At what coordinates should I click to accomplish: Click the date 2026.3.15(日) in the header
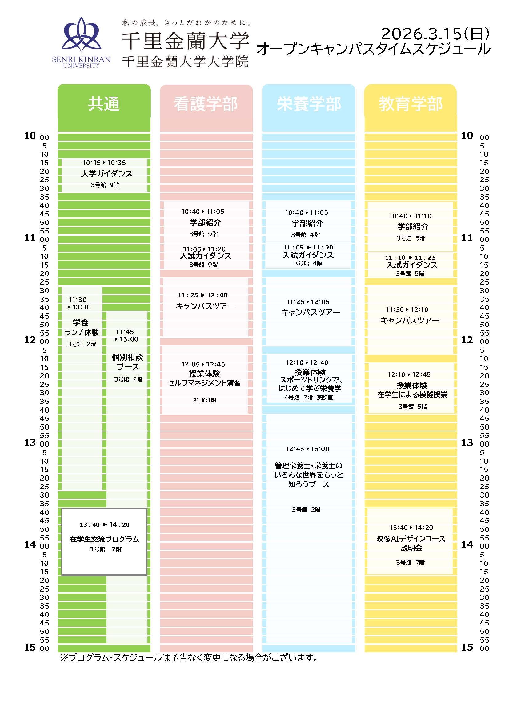tap(435, 34)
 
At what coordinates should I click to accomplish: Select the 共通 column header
tap(104, 104)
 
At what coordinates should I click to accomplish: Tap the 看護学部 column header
tap(206, 104)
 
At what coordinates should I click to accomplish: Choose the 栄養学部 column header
tap(309, 104)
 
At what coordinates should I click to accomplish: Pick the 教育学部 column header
tap(411, 104)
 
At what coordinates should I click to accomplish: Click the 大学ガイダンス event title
tap(106, 173)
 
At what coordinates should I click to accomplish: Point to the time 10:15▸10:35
tap(104, 163)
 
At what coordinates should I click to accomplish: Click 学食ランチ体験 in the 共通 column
tap(81, 327)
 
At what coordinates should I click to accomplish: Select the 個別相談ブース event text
tap(128, 362)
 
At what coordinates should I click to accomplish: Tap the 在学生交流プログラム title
tap(104, 539)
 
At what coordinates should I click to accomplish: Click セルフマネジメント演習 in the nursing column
tap(204, 383)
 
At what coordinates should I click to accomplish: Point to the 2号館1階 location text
tap(205, 400)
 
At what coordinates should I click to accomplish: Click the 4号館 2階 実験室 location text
tap(309, 397)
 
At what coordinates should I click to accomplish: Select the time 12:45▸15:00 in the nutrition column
tap(307, 449)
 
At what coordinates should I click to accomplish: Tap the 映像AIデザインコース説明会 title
tap(411, 543)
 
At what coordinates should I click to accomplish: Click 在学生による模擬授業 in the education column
tap(412, 394)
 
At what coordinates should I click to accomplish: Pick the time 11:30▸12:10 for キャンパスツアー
tap(407, 309)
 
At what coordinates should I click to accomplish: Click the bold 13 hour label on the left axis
tap(30, 443)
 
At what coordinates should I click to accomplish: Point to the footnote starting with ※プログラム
tap(189, 657)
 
